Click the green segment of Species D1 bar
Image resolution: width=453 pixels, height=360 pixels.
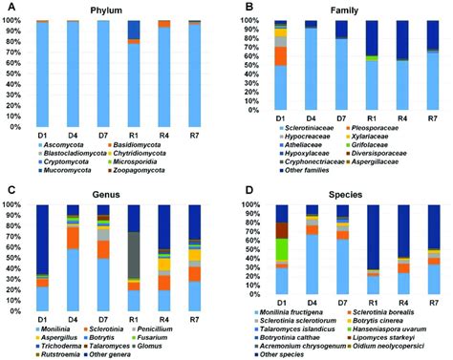[281, 252]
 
